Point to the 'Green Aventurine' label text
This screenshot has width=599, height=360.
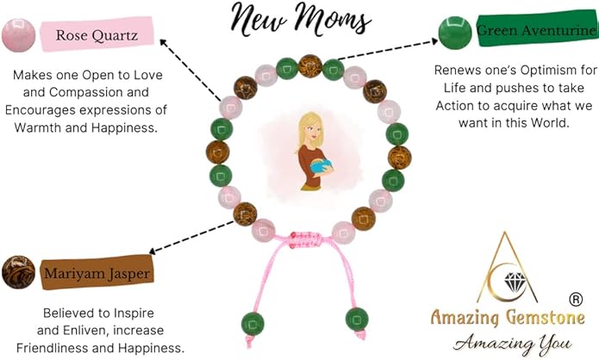click(534, 32)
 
